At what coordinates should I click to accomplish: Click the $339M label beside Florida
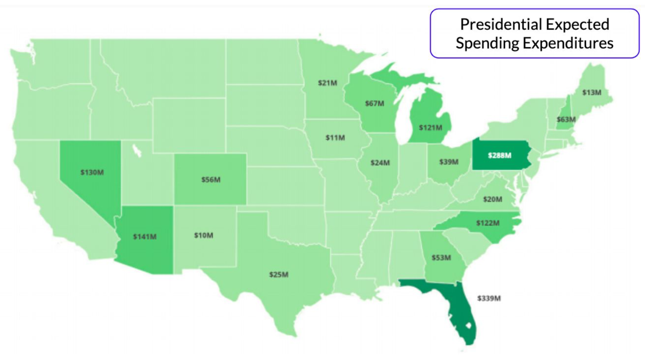point(489,298)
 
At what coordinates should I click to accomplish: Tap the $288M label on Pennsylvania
point(499,155)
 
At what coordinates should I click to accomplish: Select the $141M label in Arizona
point(145,236)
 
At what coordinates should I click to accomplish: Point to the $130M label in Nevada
point(92,172)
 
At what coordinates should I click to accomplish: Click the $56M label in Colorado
point(211,180)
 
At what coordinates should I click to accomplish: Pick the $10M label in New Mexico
point(204,235)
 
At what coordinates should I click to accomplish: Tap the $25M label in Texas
point(279,275)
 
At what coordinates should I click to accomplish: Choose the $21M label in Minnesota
point(328,83)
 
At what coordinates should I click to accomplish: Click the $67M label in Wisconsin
point(375,103)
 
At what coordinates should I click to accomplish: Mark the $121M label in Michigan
point(430,128)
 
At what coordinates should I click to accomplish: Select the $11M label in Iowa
point(335,138)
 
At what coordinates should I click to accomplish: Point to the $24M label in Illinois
point(380,163)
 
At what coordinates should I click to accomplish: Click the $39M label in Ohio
point(449,162)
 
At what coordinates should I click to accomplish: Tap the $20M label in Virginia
point(492,199)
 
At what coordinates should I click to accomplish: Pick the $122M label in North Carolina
point(488,223)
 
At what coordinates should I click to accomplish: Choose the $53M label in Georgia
point(441,258)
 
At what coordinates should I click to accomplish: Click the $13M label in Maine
point(591,92)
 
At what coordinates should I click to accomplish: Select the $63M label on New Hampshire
point(566,119)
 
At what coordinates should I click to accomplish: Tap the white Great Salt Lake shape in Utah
point(136,150)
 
